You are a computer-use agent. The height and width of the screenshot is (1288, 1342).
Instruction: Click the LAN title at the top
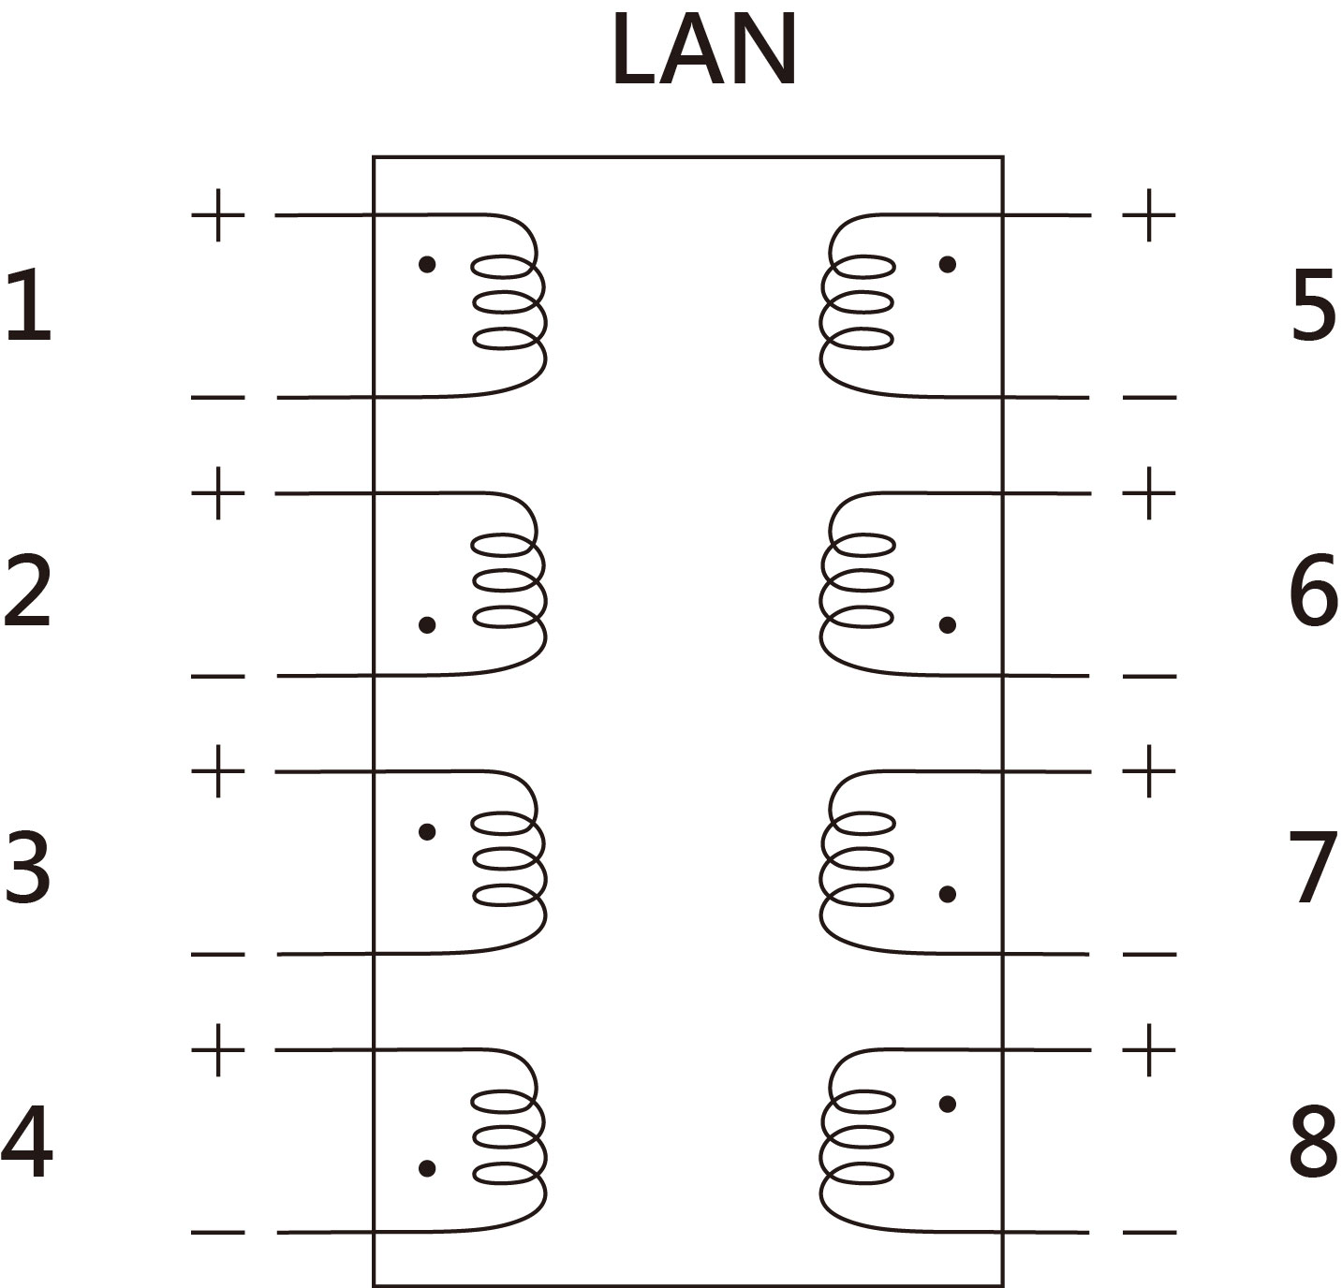point(704,51)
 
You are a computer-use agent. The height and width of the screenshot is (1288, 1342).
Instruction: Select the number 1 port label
point(28,305)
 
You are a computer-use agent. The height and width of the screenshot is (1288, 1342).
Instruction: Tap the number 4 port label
point(28,1144)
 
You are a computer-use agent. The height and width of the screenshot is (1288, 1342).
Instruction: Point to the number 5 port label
point(1313,305)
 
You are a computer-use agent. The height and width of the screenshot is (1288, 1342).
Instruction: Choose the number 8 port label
point(1313,1144)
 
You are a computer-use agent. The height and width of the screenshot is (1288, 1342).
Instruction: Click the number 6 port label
point(1313,590)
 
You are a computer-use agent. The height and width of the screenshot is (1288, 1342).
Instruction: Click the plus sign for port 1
point(218,215)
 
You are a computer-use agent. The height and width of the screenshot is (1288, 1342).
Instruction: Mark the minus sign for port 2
point(218,676)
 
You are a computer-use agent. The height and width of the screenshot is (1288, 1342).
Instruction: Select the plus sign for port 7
point(1149,772)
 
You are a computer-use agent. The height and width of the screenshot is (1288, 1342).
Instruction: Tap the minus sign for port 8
point(1149,1233)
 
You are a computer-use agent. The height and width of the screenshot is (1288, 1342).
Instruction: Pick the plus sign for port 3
point(218,772)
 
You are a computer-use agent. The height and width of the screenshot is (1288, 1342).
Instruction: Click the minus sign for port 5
point(1149,398)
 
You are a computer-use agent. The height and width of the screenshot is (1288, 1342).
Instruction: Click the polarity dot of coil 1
point(427,265)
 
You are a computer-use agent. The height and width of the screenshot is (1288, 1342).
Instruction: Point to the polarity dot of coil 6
point(948,624)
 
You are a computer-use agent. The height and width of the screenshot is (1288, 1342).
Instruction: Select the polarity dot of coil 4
point(427,1168)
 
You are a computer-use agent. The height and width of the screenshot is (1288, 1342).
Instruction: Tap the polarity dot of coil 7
point(948,895)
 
